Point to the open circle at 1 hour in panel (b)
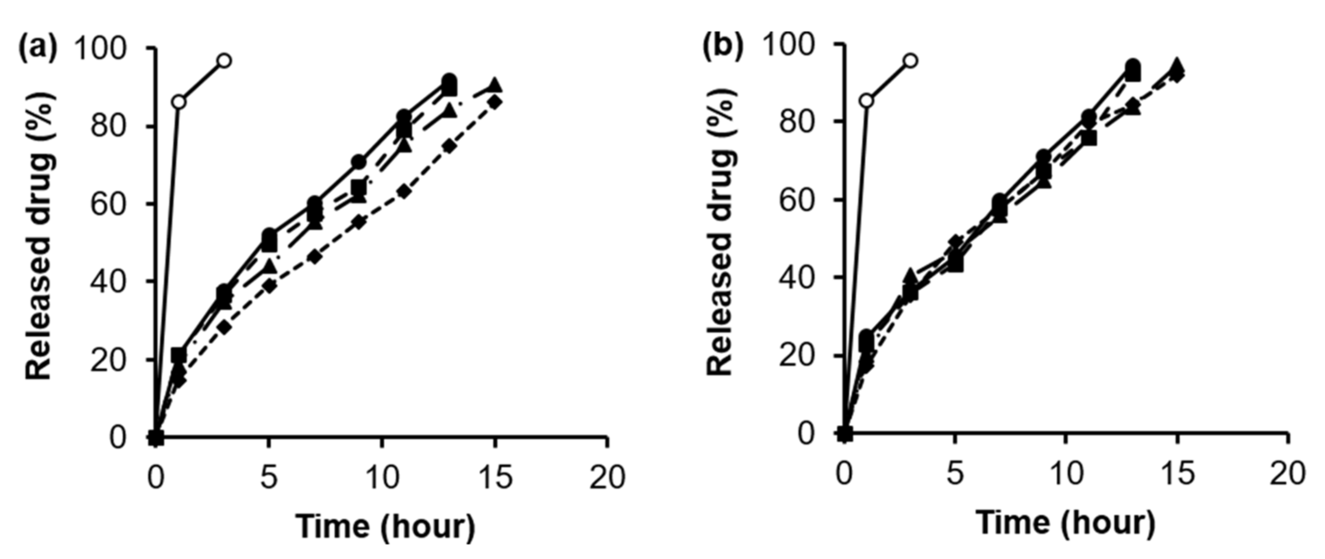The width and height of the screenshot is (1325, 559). [x=867, y=101]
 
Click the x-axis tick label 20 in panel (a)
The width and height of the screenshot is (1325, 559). [x=607, y=477]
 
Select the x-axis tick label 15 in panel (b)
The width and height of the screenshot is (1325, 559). [x=1176, y=473]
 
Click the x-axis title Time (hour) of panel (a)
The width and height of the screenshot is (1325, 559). [x=385, y=527]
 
